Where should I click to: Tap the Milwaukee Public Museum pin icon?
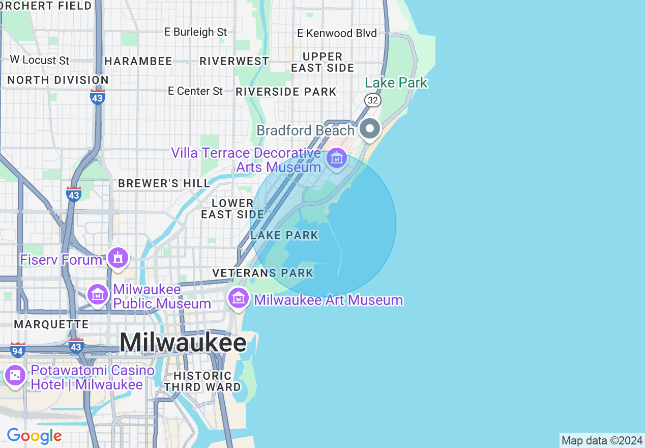click(x=97, y=294)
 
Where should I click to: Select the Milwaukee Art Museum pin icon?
click(x=238, y=297)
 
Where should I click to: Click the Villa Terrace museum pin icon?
click(x=336, y=158)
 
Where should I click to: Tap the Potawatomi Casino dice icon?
click(x=15, y=376)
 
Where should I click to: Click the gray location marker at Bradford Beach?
click(x=370, y=128)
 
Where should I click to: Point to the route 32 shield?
click(x=373, y=100)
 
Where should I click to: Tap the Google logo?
click(x=34, y=436)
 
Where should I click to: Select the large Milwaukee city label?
click(x=183, y=343)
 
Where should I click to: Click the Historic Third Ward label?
click(x=202, y=381)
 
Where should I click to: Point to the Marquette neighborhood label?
click(x=51, y=324)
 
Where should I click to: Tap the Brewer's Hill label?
click(x=164, y=183)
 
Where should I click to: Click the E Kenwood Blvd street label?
click(x=337, y=33)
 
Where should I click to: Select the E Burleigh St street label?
click(x=195, y=32)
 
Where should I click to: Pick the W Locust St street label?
click(x=39, y=60)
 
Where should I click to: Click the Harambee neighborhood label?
click(x=138, y=61)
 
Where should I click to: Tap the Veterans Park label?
click(x=263, y=273)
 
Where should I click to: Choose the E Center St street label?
click(x=195, y=91)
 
